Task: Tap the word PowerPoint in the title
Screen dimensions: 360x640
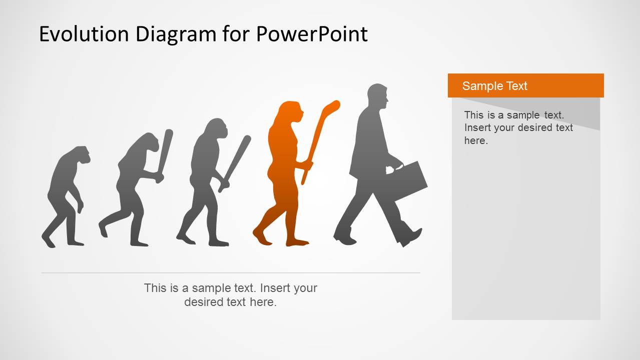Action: [312, 34]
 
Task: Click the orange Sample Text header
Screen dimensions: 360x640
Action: [525, 85]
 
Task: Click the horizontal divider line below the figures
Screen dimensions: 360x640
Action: [230, 273]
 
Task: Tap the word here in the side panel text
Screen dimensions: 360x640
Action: [475, 140]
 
